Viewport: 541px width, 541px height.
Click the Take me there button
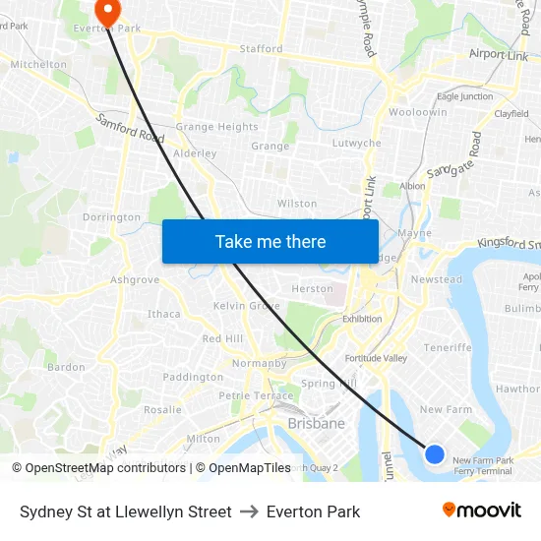coord(270,241)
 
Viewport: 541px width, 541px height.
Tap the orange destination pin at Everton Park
coord(106,11)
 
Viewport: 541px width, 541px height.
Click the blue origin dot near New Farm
coord(435,453)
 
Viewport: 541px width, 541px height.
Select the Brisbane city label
coord(316,424)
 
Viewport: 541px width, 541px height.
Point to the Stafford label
coord(261,48)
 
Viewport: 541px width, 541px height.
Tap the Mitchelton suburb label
coord(38,64)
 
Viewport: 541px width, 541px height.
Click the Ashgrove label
coord(135,280)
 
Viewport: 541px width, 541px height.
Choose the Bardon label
coord(66,367)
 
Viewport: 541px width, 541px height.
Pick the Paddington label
coord(193,377)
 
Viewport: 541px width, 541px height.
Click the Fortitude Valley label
coord(376,358)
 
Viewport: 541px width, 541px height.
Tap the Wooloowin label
coord(418,112)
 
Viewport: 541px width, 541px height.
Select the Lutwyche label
coord(356,143)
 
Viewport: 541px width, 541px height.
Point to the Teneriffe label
coord(448,347)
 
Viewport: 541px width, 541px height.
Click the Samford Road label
coord(131,129)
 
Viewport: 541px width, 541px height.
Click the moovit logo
coord(481,510)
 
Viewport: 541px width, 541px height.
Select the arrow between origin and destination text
coord(249,511)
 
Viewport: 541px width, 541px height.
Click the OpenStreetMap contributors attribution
coord(99,468)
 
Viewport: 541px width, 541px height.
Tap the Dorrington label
coord(111,217)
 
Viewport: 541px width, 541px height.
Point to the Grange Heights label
coord(216,127)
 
